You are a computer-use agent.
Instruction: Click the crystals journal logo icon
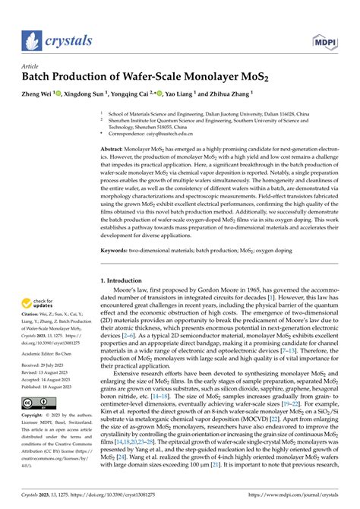pos(30,40)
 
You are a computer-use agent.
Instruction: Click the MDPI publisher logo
pos(323,40)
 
